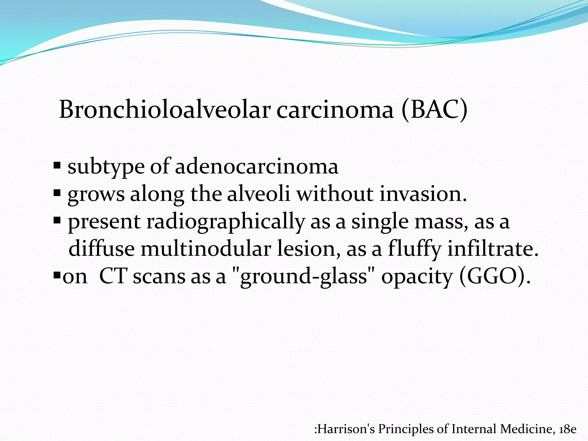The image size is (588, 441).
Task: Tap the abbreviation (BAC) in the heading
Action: (x=434, y=110)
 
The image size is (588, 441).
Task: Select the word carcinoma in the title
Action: (x=334, y=110)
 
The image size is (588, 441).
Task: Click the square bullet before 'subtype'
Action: (x=57, y=166)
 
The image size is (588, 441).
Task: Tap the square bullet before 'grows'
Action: (x=57, y=193)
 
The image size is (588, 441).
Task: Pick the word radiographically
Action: (x=225, y=221)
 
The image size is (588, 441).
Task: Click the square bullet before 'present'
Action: (x=57, y=220)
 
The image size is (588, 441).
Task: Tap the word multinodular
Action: (x=206, y=249)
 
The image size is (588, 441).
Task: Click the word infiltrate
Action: (x=493, y=249)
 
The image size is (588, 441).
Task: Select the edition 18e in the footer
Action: (x=568, y=429)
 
